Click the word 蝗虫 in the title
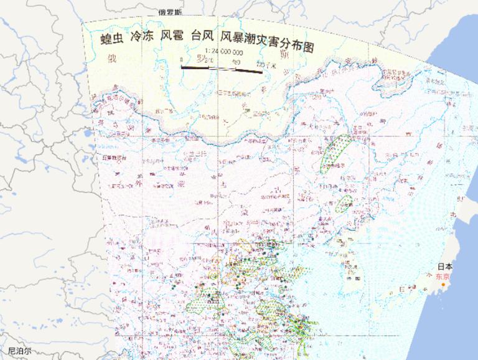113,38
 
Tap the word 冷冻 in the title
142,38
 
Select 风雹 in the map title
172,38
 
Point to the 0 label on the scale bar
182,61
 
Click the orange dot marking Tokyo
443,285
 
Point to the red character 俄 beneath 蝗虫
113,60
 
